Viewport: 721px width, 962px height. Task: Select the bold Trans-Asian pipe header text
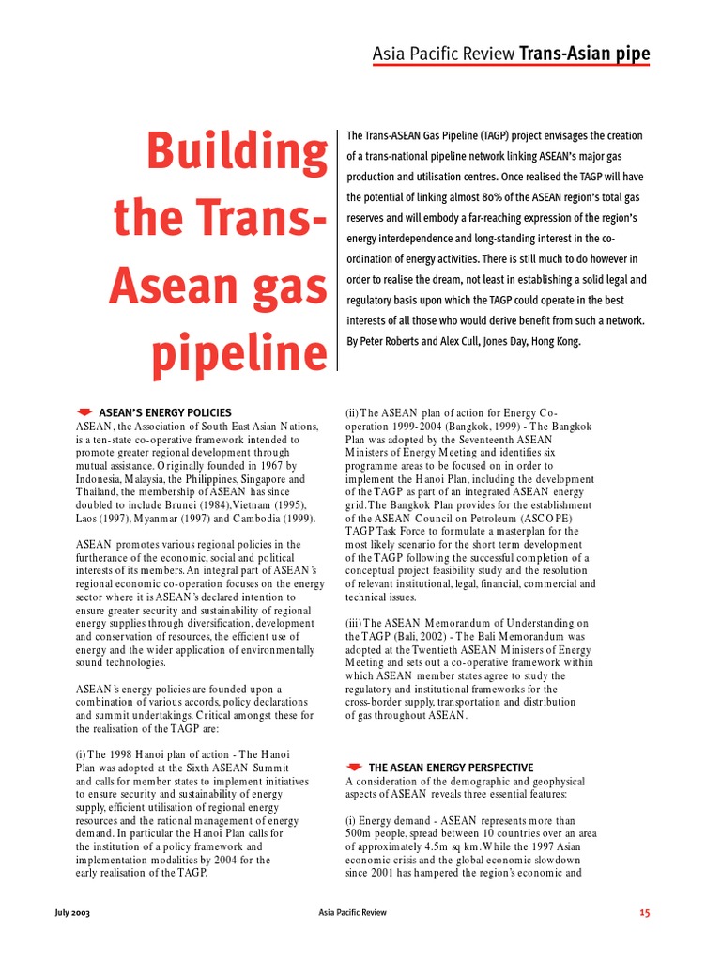click(584, 54)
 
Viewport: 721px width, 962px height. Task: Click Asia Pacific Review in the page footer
click(352, 912)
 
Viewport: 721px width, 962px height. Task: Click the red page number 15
click(643, 912)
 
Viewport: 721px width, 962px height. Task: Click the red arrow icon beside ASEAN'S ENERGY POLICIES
click(84, 412)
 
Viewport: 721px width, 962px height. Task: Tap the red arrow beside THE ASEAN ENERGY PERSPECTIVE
click(354, 768)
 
